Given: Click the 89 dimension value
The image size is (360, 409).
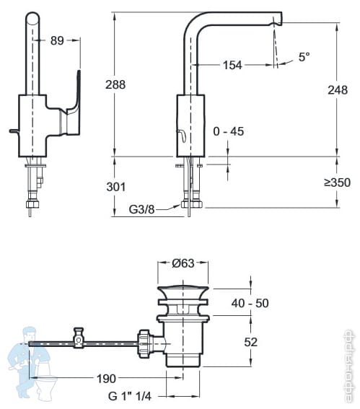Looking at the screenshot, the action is (x=57, y=40).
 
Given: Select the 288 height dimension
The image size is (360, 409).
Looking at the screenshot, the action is (x=115, y=84).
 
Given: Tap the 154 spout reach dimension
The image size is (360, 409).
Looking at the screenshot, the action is (x=232, y=65).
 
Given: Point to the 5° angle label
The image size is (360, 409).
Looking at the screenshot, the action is (x=304, y=56).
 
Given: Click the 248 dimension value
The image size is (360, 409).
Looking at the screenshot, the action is (x=338, y=90).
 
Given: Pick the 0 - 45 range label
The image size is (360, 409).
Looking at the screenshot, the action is (x=229, y=131).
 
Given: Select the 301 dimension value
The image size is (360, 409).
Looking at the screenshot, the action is (x=116, y=187).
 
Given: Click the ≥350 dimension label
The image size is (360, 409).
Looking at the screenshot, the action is (x=338, y=182).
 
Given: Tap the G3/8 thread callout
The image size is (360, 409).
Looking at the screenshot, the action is (x=141, y=209).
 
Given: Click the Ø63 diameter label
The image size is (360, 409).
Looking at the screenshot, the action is (x=183, y=263).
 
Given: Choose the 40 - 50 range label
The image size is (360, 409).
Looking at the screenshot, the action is (x=250, y=303).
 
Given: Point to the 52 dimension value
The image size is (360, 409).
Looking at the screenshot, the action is (x=250, y=342).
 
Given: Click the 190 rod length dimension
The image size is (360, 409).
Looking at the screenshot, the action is (x=106, y=379).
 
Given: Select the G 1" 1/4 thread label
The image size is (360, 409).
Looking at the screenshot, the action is (x=130, y=396).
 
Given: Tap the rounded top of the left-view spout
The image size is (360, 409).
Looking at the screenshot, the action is (x=32, y=18).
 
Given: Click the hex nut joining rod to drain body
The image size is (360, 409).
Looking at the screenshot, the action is (x=144, y=343).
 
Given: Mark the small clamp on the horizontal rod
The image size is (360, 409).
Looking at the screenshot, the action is (x=79, y=338).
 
